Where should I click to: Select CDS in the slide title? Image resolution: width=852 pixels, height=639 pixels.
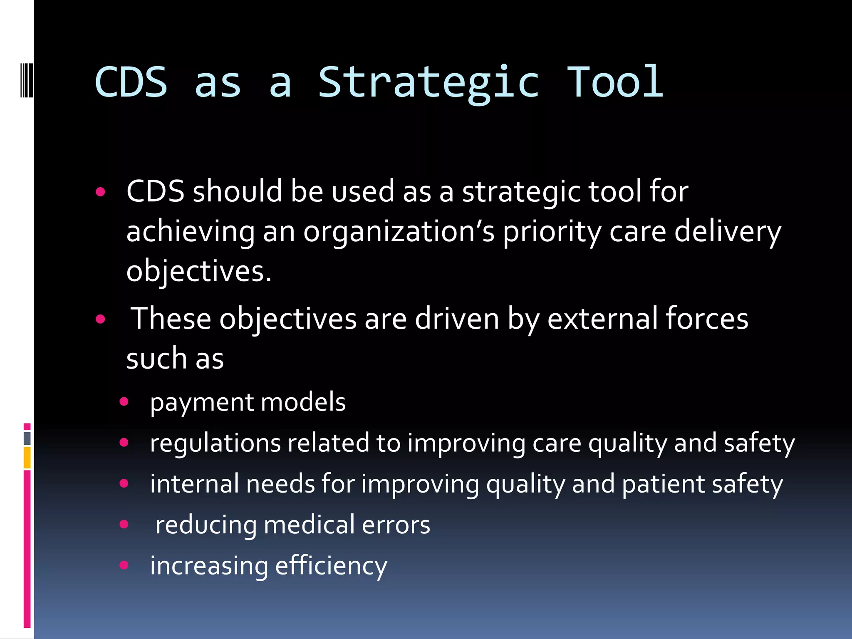coord(131,82)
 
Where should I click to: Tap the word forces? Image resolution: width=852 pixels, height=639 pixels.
coord(707,319)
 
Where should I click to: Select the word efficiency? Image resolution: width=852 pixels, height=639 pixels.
coord(331,566)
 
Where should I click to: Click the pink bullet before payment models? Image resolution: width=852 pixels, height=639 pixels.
coord(124,402)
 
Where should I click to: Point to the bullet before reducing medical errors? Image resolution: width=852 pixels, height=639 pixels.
coord(124,524)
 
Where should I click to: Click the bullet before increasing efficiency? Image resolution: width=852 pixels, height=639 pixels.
coord(124,565)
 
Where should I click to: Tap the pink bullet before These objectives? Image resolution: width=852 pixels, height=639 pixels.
coord(100,319)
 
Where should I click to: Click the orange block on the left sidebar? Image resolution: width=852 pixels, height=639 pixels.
coord(27,458)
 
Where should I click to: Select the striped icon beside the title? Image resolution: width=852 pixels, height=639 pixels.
coord(26,79)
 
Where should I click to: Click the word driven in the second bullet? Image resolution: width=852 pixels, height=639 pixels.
coord(457,319)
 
